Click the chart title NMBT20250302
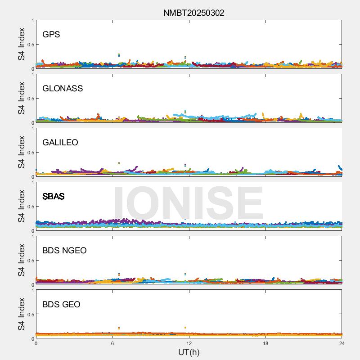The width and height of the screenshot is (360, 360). coord(193,13)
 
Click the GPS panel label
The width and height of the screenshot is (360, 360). coord(51,35)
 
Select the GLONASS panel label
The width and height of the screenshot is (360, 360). coord(63,89)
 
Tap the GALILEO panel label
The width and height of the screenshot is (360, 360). coord(60,143)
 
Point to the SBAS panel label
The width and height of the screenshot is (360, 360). coord(53,197)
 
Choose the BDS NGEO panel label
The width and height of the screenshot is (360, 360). coord(64,251)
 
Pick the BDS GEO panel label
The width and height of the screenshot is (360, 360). coord(61,305)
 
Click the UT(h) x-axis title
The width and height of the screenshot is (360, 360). coord(189,352)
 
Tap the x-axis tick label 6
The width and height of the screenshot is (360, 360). coord(112,343)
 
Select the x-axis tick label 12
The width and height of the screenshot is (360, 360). coord(189,343)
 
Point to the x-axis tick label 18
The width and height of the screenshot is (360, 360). coord(265,343)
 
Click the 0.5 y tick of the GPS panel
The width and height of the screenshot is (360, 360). coord(30,45)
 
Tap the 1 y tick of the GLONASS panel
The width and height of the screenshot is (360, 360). coord(32,75)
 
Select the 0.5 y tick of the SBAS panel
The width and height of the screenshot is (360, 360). coord(30,207)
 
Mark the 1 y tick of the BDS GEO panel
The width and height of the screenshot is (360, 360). coord(32,291)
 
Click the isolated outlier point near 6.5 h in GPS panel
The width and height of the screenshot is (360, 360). coord(119,55)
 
